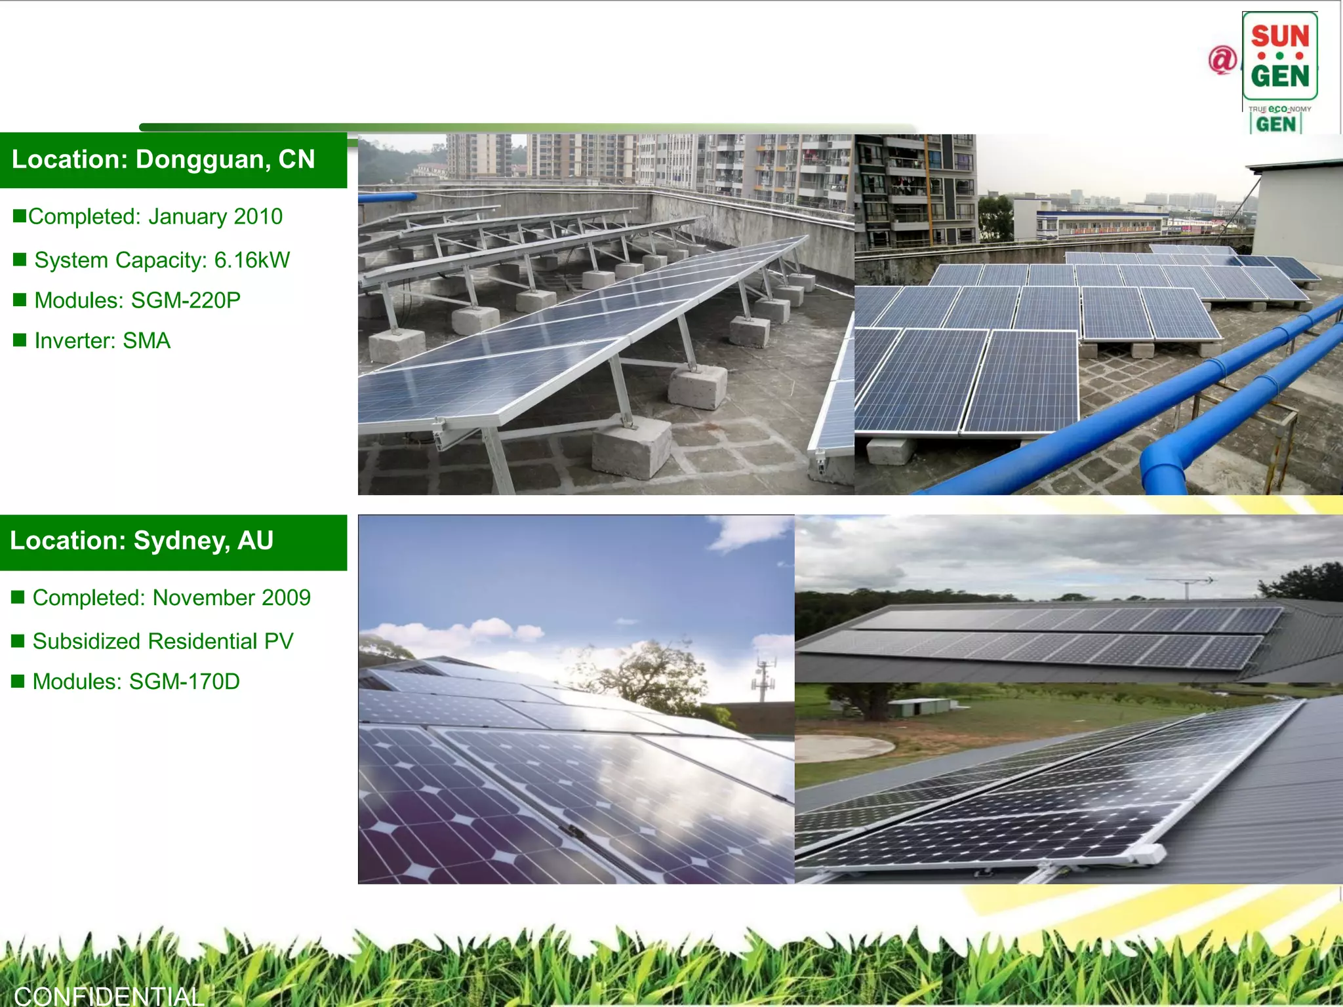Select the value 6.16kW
[252, 260]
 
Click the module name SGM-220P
[186, 300]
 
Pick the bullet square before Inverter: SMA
[20, 340]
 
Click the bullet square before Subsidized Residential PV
[18, 641]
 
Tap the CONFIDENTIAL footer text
[109, 996]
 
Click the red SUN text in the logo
[1279, 36]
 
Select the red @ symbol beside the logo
[1222, 60]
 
